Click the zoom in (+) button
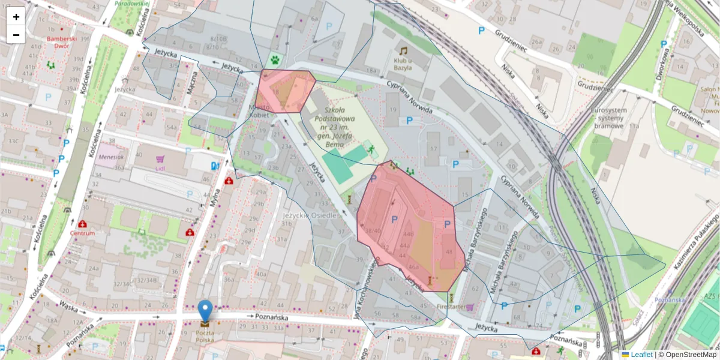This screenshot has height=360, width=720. [x=16, y=17]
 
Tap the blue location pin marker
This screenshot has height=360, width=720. [x=205, y=311]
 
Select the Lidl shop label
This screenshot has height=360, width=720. [x=160, y=167]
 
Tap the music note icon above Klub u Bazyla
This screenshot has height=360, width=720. [x=404, y=51]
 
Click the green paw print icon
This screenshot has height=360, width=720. [x=275, y=60]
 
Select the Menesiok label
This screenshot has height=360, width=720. [x=112, y=157]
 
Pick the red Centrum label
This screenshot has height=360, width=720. [x=82, y=233]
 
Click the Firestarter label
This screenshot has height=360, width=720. [x=451, y=307]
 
